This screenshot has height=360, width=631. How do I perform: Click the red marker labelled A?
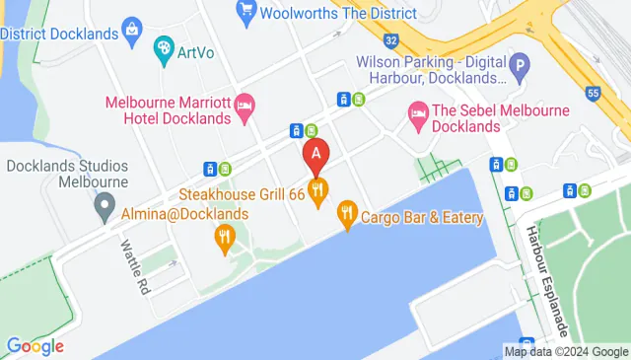(315, 154)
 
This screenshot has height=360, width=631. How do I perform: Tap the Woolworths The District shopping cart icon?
(247, 12)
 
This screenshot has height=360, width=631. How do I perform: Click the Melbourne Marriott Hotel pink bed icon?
(245, 104)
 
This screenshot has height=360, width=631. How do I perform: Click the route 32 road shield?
(391, 40)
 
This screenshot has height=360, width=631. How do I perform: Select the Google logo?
(35, 345)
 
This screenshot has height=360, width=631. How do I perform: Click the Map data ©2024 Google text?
(565, 350)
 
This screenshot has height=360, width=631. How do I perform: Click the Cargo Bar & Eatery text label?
(422, 217)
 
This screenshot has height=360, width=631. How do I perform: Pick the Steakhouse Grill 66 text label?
(242, 194)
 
